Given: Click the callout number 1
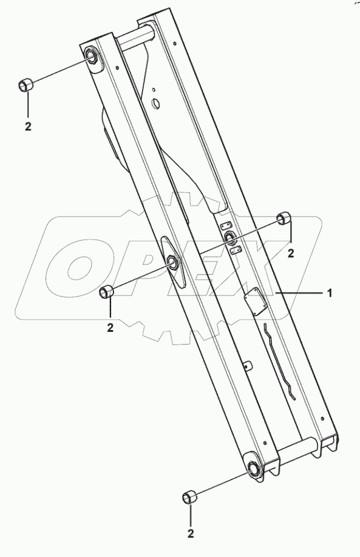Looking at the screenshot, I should pos(330,293).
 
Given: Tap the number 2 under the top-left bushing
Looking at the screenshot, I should pos(28,126).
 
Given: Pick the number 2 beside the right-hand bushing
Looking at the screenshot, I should pos(291,253).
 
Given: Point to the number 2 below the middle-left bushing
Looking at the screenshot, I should pos(110,328).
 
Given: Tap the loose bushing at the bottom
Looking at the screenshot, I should pos(188,498).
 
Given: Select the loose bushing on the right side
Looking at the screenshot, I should pos(284,218).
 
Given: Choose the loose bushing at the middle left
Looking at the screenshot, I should pos(107,292).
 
